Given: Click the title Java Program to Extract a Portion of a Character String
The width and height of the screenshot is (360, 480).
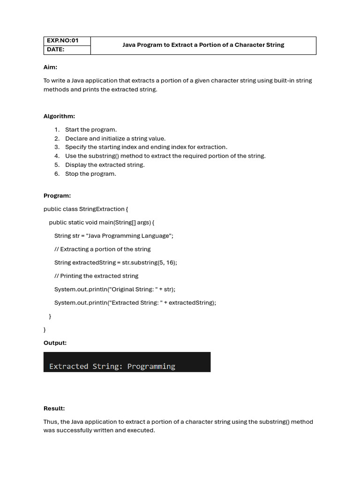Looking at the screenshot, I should coord(203,45).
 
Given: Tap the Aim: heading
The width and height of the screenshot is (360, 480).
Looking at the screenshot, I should coord(50,67).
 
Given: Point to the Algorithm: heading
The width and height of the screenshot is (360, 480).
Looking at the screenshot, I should coord(59,116).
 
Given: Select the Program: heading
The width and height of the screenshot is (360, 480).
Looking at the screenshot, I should coord(57,196).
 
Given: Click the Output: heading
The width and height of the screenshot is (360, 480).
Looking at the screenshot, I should coord(55,343).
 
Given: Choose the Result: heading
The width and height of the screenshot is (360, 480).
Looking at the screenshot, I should coord(54,409).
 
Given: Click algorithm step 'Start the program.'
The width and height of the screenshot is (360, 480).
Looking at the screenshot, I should coord(91,130).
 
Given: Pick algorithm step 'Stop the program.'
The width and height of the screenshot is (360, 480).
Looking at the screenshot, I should coord(90,174).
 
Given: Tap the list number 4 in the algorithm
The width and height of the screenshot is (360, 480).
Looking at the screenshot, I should coord(57,156).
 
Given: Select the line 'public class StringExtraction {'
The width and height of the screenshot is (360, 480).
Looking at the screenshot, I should coord(86,209).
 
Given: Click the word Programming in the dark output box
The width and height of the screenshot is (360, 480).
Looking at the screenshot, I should coord(151,367).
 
